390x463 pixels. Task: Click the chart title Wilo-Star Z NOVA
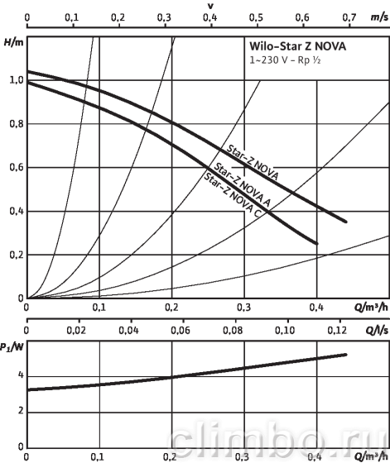click(297, 46)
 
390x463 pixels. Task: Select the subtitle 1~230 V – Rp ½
click(285, 60)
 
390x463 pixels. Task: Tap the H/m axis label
click(13, 42)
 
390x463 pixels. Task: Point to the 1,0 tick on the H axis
click(17, 80)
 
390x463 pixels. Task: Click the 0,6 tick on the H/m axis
click(17, 167)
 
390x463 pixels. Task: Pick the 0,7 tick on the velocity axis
click(349, 17)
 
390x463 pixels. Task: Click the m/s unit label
click(380, 17)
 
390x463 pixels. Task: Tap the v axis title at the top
click(211, 6)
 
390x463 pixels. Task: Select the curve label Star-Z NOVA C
click(232, 195)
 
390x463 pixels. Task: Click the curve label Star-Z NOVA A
click(242, 184)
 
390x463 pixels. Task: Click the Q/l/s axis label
click(377, 330)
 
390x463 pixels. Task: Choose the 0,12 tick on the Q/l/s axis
click(337, 330)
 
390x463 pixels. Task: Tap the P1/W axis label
click(12, 347)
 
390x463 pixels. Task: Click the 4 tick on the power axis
click(21, 375)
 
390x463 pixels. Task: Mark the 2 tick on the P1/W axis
click(21, 411)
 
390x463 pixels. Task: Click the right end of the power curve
click(345, 355)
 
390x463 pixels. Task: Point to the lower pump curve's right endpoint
click(317, 244)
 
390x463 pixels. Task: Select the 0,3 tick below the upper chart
click(244, 308)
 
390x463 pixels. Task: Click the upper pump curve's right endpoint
click(345, 222)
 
